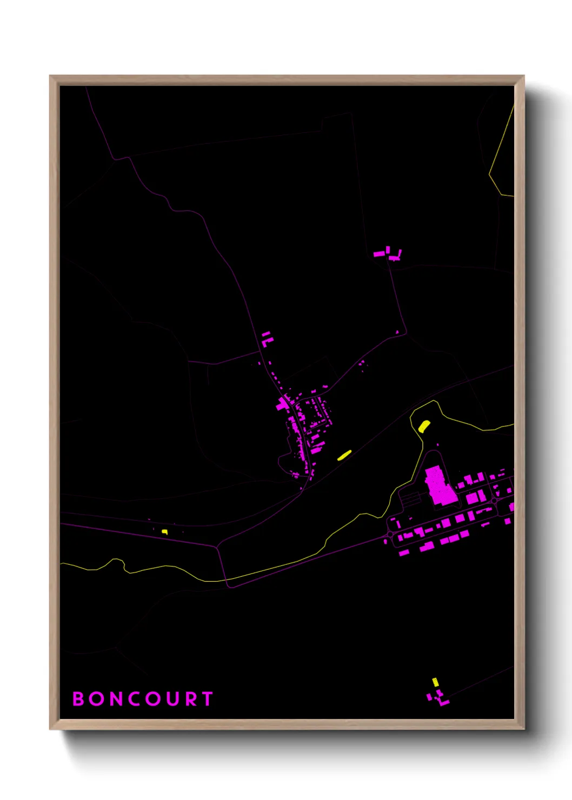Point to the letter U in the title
click(x=173, y=699)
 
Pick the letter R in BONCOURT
click(x=191, y=699)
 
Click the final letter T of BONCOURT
click(x=208, y=699)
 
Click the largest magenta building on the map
click(x=439, y=486)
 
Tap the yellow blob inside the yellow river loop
click(x=424, y=426)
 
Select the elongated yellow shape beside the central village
click(x=344, y=455)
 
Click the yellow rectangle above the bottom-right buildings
click(x=435, y=682)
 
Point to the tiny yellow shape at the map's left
click(x=164, y=532)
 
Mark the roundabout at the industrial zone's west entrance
click(x=390, y=535)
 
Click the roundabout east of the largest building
click(x=495, y=501)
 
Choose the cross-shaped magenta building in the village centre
click(x=283, y=403)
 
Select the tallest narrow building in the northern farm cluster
click(x=388, y=250)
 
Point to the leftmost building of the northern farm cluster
click(x=379, y=254)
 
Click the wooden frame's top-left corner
click(x=50, y=76)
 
